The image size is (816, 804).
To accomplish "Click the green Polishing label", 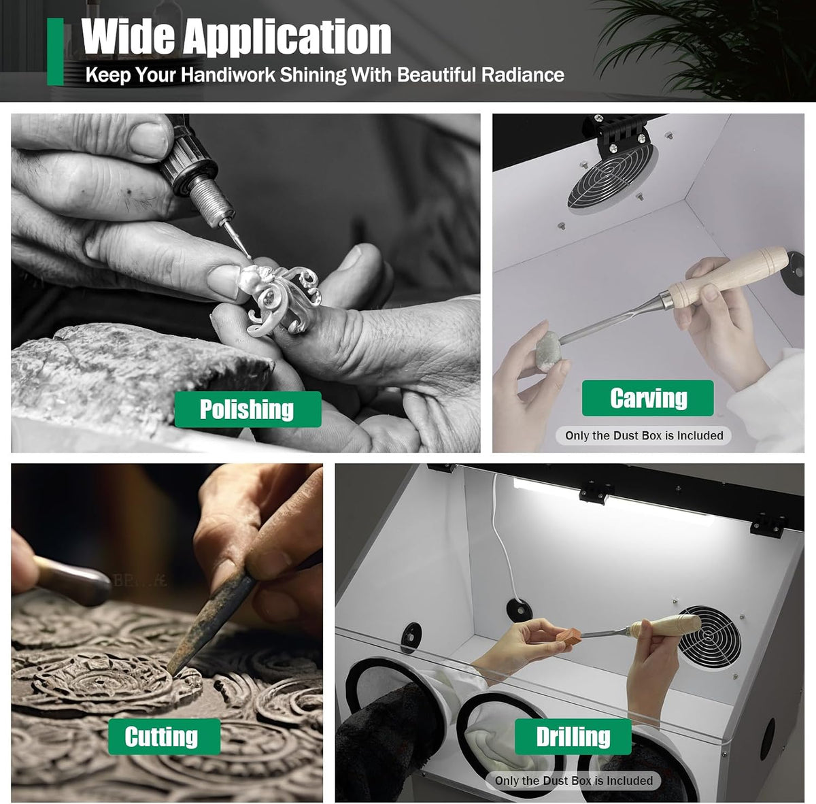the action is click(248, 409).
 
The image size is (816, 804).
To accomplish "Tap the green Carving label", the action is click(648, 398).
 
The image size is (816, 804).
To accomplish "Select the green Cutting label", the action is click(165, 737).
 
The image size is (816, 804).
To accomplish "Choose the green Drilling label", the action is click(573, 737).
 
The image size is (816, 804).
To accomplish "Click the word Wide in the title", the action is click(128, 37).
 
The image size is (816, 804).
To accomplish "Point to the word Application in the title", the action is click(287, 37).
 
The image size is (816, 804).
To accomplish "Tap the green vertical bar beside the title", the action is click(55, 52).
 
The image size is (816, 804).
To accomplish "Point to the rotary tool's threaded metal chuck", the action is click(210, 196).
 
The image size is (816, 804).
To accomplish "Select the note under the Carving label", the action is click(644, 435).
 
